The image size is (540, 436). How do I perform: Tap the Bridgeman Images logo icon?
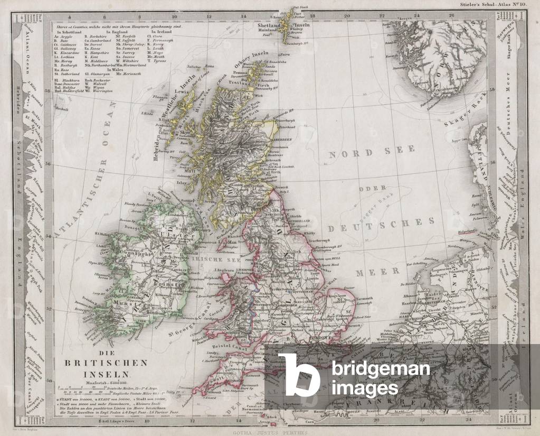pyautogui.click(x=299, y=374)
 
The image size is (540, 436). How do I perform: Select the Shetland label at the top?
pyautogui.click(x=270, y=25)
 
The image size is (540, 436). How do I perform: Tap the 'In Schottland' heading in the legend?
pyautogui.click(x=70, y=31)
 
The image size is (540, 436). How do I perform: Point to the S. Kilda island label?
pyautogui.click(x=146, y=113)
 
